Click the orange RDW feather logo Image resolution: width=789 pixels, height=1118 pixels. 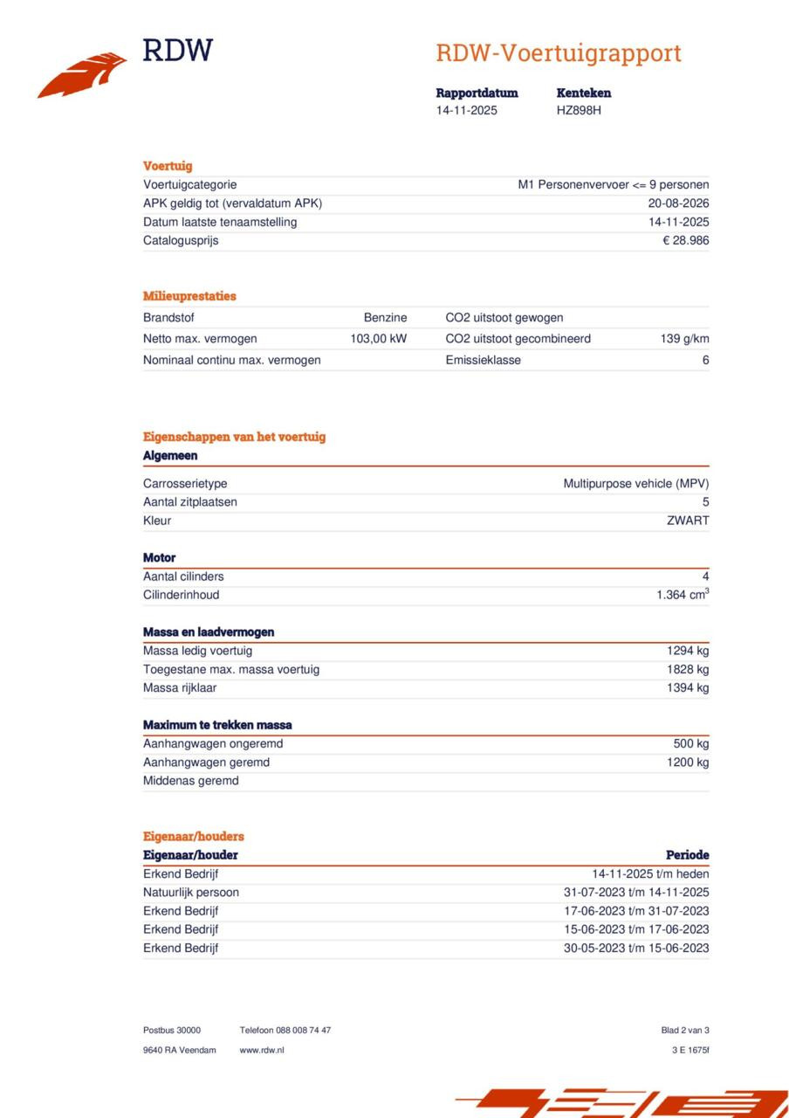coord(82,75)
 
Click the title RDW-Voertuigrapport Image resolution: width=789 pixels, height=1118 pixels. coord(559,53)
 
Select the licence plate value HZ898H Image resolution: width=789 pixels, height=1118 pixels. coord(579,110)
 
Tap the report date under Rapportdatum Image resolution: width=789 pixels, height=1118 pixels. coord(467,110)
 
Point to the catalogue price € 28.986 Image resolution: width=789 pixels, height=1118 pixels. coord(685,240)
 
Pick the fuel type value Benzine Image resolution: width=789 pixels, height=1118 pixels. coord(385,318)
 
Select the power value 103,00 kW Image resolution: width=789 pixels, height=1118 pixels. coord(378,339)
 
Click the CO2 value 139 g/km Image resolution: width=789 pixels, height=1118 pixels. coord(684,339)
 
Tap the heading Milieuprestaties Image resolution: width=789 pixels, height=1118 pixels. coord(189,296)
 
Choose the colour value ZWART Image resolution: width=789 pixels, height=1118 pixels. coord(688,521)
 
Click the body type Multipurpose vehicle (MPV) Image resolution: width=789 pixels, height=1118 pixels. coord(635,483)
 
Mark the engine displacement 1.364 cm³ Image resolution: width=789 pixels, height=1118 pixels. coord(683,595)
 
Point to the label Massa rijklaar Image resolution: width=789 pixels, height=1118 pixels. coord(180,688)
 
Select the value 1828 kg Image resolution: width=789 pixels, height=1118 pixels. coord(688,669)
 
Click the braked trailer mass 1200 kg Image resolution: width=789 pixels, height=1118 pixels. coord(688,763)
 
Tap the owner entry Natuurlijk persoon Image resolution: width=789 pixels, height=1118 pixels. coord(190,893)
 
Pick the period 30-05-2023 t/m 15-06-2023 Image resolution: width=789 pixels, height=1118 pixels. coord(635,949)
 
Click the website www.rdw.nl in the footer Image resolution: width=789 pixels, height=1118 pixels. coord(261,1050)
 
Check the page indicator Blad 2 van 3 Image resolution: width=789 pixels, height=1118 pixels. coord(685,1031)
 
